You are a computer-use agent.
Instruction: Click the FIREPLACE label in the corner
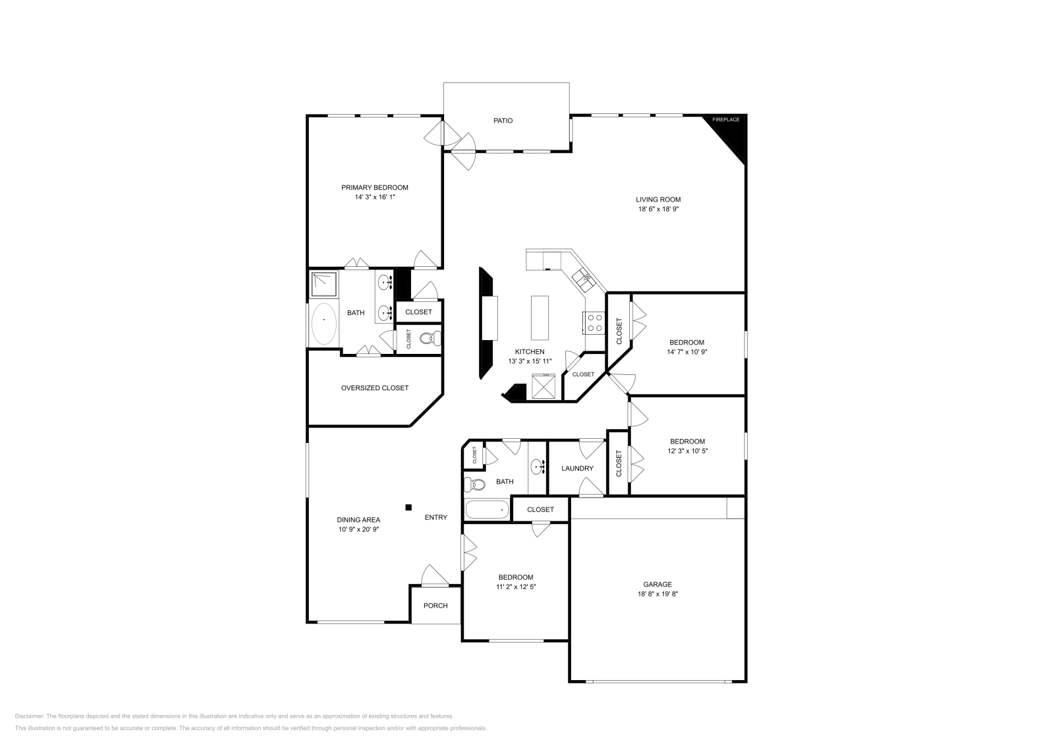point(725,120)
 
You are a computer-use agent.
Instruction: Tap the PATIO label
point(503,121)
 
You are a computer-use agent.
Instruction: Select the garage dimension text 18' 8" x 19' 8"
point(657,594)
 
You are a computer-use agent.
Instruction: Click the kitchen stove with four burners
point(594,322)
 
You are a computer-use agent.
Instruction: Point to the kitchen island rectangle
point(540,316)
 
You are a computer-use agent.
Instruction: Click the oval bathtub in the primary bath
point(323,323)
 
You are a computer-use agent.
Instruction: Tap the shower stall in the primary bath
point(323,284)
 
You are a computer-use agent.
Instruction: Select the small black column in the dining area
point(408,507)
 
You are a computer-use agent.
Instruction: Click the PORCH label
point(435,606)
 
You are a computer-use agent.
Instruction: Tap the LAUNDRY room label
point(577,469)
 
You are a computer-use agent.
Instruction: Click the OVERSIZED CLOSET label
point(374,388)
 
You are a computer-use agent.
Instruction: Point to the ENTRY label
point(435,517)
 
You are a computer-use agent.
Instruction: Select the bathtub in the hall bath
point(487,509)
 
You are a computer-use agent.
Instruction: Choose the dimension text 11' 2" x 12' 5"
point(515,587)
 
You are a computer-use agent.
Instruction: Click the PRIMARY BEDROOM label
point(374,187)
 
